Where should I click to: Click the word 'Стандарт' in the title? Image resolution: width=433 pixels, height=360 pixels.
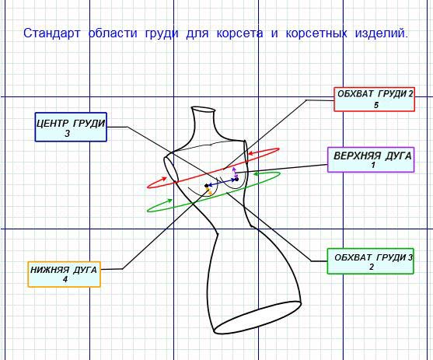pyautogui.click(x=51, y=33)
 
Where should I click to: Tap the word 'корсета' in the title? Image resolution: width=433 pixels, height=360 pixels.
pyautogui.click(x=239, y=33)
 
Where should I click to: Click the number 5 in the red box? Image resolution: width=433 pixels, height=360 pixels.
pyautogui.click(x=376, y=105)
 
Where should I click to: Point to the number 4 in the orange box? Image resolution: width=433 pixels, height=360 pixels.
pyautogui.click(x=65, y=279)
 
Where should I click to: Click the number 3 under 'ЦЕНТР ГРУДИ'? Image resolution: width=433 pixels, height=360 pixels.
pyautogui.click(x=68, y=134)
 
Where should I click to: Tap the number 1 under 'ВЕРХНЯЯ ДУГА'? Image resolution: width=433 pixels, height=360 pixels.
pyautogui.click(x=373, y=165)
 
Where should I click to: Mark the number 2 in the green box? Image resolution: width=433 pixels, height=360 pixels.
pyautogui.click(x=372, y=267)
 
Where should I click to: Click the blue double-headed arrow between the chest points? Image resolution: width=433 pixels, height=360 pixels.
pyautogui.click(x=222, y=183)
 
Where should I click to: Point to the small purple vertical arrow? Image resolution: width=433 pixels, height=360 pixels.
pyautogui.click(x=235, y=173)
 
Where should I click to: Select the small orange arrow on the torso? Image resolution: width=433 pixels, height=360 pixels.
pyautogui.click(x=210, y=191)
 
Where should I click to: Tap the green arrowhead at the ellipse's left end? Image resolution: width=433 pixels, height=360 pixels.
pyautogui.click(x=169, y=201)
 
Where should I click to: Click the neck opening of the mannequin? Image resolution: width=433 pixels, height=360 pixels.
pyautogui.click(x=203, y=110)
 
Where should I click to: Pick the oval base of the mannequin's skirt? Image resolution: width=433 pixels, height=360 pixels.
pyautogui.click(x=257, y=318)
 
